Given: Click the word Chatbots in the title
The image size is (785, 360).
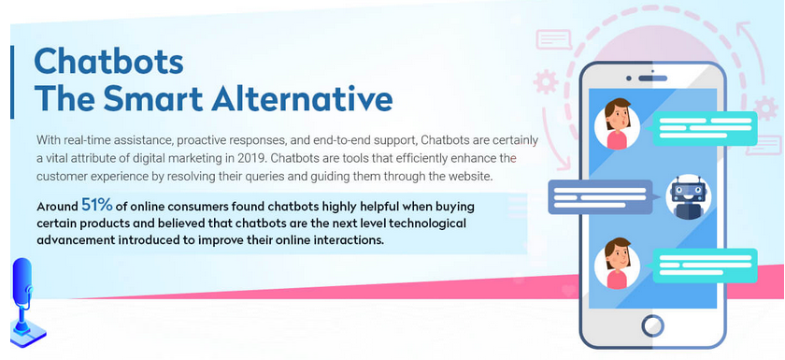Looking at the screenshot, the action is click(x=108, y=61).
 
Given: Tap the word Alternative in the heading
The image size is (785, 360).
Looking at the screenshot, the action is click(x=302, y=98).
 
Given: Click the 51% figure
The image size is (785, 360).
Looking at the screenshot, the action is click(x=97, y=206).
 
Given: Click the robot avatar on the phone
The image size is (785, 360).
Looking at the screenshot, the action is click(x=688, y=196).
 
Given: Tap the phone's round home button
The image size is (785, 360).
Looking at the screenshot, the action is click(x=652, y=326).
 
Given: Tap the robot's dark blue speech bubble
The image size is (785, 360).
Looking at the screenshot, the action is click(x=602, y=197).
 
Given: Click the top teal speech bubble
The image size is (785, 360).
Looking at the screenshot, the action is click(x=704, y=129).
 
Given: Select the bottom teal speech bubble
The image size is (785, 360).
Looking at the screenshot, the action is click(x=704, y=266).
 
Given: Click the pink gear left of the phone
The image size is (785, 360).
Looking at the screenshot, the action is click(x=545, y=82).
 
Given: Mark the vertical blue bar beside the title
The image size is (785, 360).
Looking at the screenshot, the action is click(x=12, y=82).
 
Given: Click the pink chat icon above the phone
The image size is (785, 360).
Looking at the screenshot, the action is click(x=553, y=39).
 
